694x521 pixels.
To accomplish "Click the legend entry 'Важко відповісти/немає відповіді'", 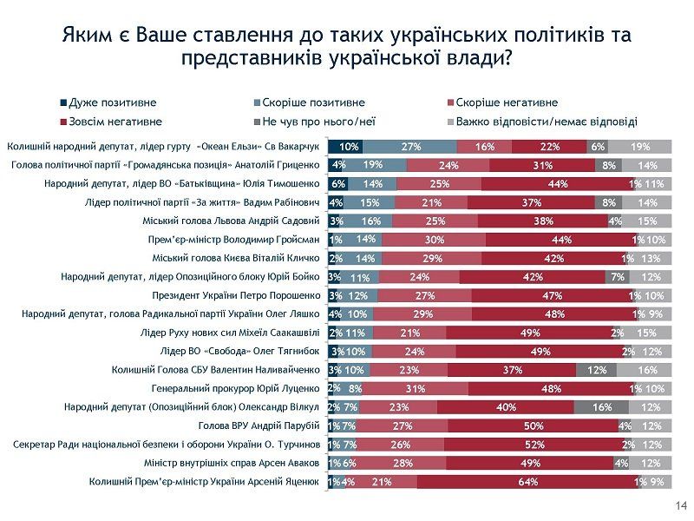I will pos(547,122).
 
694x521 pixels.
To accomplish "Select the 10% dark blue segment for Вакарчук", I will pos(345,147).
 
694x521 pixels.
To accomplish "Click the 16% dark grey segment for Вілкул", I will pos(601,406).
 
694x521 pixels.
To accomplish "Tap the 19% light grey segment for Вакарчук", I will pos(640,147).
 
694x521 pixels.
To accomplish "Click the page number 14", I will pos(680,505).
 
